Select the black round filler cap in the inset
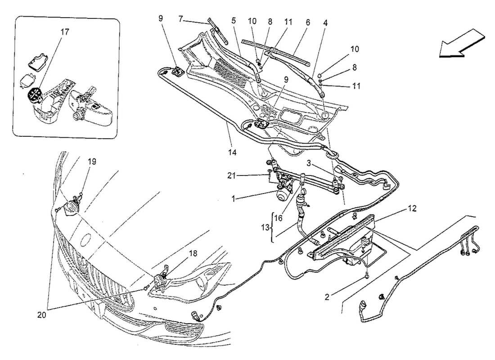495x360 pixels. tap(34, 95)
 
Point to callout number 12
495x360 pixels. tap(413, 208)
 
